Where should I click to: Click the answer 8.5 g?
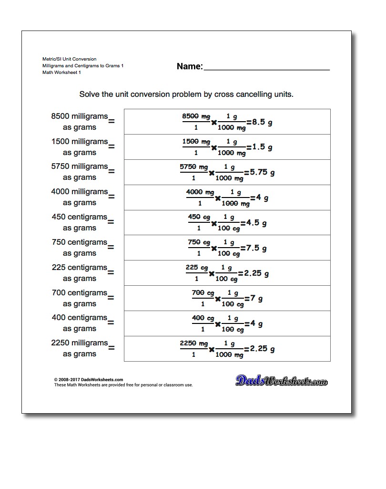(263, 122)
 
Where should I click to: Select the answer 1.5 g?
(263, 147)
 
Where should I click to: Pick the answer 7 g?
(257, 299)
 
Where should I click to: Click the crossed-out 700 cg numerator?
(203, 293)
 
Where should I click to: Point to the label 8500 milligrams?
(80, 116)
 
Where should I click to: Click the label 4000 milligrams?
(80, 192)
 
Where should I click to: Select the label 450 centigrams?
(80, 217)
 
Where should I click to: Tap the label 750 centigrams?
(80, 242)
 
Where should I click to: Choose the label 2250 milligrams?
(80, 343)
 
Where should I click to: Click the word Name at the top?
(189, 66)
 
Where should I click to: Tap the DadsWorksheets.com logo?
(282, 380)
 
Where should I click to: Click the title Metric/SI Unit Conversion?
(69, 59)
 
